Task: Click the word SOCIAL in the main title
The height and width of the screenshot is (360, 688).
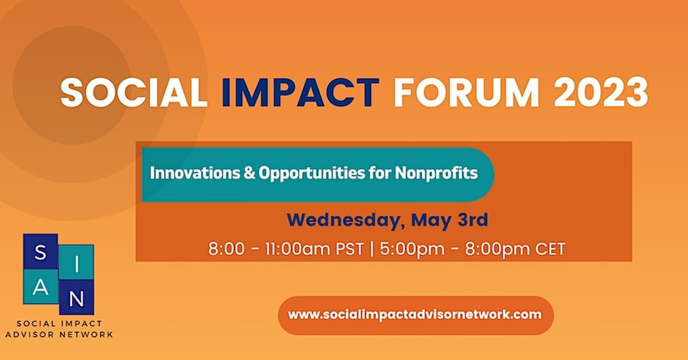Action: [133, 93]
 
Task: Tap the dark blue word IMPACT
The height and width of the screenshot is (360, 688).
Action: [300, 93]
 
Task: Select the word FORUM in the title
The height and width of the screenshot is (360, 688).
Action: [466, 93]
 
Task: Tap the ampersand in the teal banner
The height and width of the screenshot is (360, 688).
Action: [249, 173]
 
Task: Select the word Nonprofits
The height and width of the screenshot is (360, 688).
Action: [436, 174]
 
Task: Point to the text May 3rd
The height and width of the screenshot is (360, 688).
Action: [449, 220]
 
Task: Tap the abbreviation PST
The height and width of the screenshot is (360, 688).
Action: [350, 249]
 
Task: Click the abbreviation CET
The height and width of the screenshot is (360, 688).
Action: [550, 249]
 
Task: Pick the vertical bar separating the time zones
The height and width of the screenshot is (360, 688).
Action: [372, 249]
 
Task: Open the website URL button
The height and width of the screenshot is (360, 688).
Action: [415, 315]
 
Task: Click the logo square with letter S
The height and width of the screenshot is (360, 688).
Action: [41, 251]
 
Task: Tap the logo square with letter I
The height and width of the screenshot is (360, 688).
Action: [76, 262]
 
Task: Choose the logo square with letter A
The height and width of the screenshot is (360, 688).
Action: [41, 287]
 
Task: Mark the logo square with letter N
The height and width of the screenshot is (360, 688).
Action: [76, 297]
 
